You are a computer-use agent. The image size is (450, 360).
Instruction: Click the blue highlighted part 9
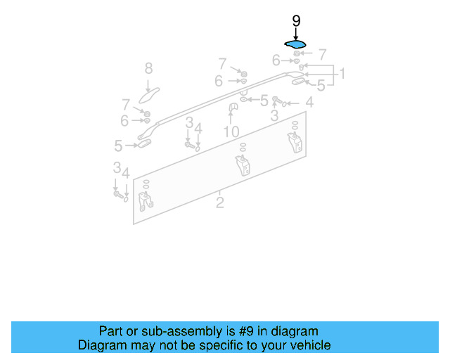pyautogui.click(x=296, y=44)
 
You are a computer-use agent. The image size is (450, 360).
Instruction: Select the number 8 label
pyautogui.click(x=148, y=68)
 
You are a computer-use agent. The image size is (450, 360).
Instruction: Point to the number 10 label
pyautogui.click(x=231, y=131)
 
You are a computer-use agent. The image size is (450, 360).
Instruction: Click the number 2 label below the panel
pyautogui.click(x=220, y=203)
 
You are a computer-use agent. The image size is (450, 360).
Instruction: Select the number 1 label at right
pyautogui.click(x=342, y=73)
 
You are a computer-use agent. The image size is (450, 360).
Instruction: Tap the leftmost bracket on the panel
pyautogui.click(x=147, y=202)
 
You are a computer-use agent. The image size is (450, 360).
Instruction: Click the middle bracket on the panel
pyautogui.click(x=243, y=167)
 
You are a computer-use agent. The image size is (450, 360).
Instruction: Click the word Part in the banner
pyautogui.click(x=111, y=331)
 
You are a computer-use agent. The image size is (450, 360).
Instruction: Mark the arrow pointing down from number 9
pyautogui.click(x=296, y=32)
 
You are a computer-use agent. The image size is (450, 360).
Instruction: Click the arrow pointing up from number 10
pyautogui.click(x=231, y=120)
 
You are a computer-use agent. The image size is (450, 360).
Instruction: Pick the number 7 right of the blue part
pyautogui.click(x=323, y=54)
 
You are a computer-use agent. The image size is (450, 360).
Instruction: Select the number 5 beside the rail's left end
pyautogui.click(x=119, y=146)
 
